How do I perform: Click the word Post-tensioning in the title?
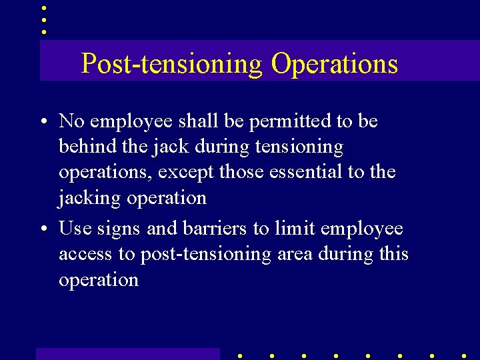click(x=172, y=63)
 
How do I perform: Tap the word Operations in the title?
click(x=334, y=63)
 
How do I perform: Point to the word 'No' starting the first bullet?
click(x=72, y=121)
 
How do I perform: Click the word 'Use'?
click(x=75, y=229)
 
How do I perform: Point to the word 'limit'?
click(x=292, y=229)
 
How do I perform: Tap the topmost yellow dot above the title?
click(x=43, y=7)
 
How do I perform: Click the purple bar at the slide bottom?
click(x=127, y=353)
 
